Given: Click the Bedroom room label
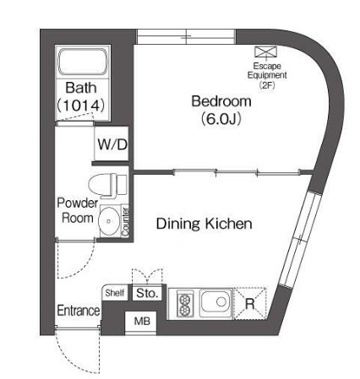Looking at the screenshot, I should pyautogui.click(x=221, y=101).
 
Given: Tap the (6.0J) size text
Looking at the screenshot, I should pyautogui.click(x=221, y=118).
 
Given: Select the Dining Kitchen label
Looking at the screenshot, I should pyautogui.click(x=204, y=224).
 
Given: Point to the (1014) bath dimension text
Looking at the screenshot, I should pyautogui.click(x=79, y=106).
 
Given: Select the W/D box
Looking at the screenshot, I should pyautogui.click(x=111, y=145).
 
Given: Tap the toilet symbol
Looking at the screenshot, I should pyautogui.click(x=106, y=183).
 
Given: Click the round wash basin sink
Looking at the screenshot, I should pyautogui.click(x=108, y=222).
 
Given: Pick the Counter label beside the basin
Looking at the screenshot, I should pyautogui.click(x=125, y=221).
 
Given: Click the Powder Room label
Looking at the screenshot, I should pyautogui.click(x=77, y=210).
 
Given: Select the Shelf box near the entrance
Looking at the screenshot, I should pyautogui.click(x=115, y=294).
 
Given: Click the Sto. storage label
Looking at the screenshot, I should pyautogui.click(x=147, y=294).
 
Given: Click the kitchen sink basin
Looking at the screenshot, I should pyautogui.click(x=215, y=301).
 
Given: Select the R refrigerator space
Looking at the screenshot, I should pyautogui.click(x=250, y=302).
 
